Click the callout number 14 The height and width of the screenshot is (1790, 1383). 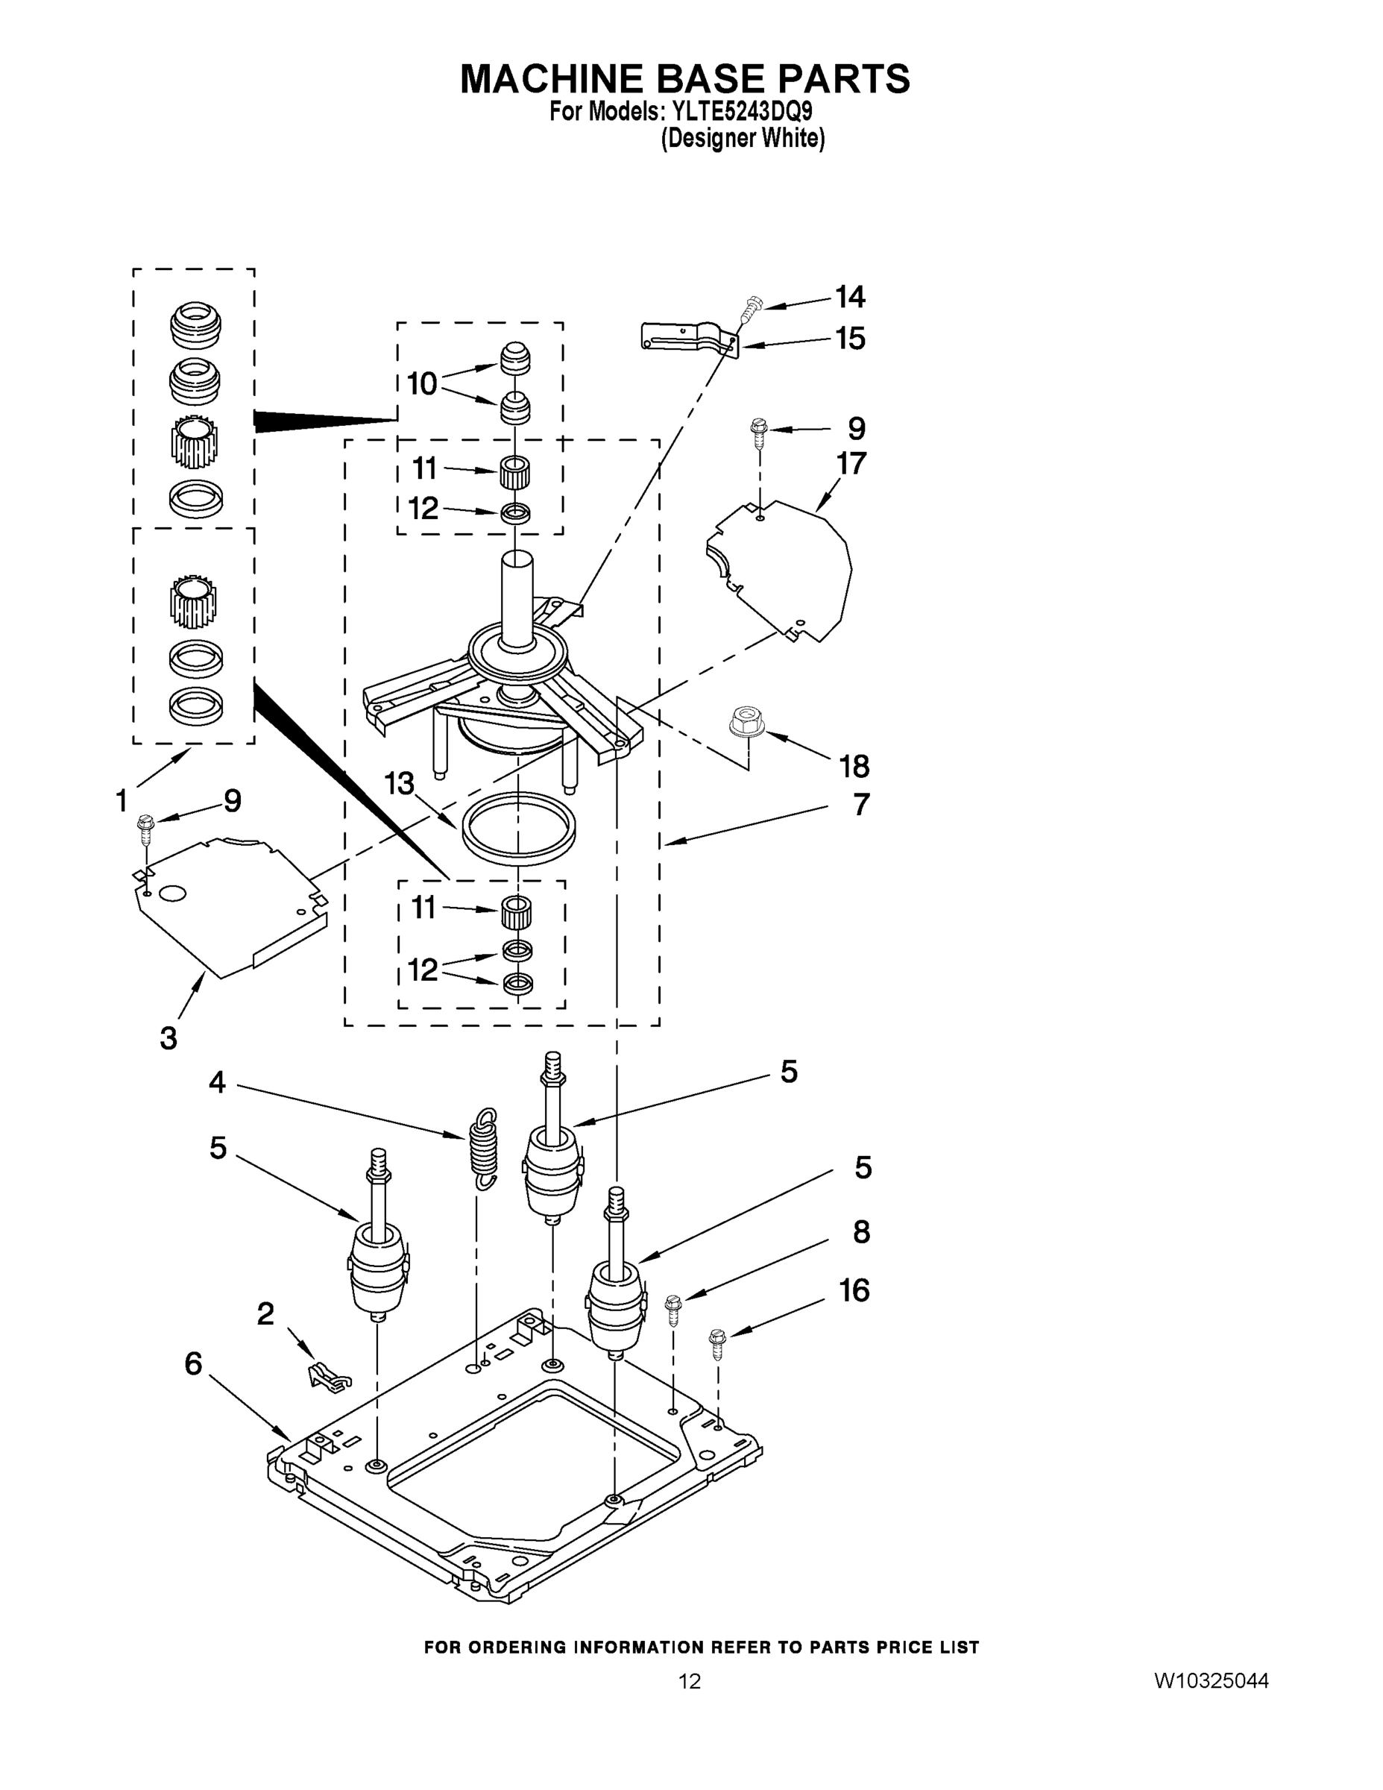[851, 297]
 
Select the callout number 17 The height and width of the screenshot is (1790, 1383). [851, 464]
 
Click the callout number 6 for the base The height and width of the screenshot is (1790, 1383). [193, 1365]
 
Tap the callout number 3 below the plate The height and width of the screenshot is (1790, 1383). [168, 1038]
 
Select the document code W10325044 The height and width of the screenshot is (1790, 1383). [1211, 1682]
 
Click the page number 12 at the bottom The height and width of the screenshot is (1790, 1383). [689, 1682]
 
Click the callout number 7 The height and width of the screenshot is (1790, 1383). [860, 805]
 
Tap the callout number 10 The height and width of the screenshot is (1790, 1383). [422, 383]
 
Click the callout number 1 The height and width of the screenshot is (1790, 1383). [122, 800]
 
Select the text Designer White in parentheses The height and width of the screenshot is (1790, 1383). [743, 139]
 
